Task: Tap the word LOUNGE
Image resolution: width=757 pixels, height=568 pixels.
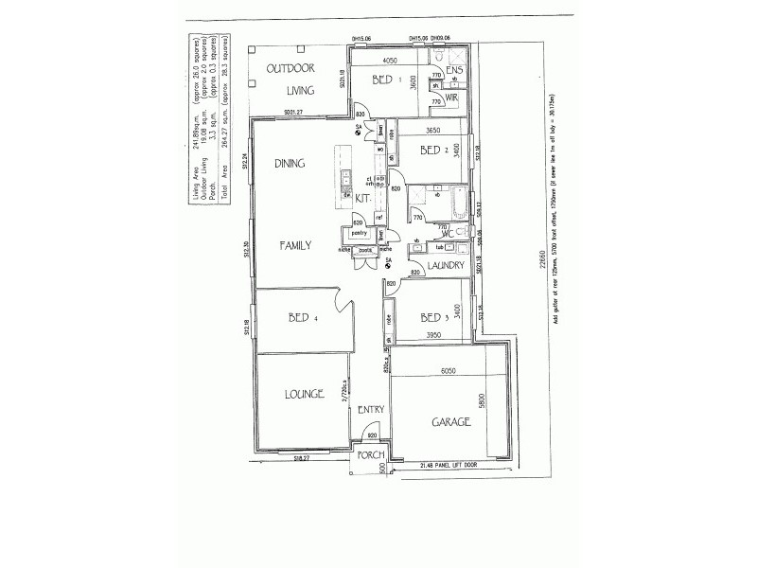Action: (302, 393)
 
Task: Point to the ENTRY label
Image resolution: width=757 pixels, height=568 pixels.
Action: (370, 410)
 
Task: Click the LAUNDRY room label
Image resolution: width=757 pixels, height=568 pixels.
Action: (445, 268)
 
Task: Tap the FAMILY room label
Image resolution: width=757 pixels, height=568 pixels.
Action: (294, 244)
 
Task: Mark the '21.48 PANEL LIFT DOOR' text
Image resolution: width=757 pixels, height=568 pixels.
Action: (449, 465)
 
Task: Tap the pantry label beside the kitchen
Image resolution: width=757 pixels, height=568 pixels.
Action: (358, 232)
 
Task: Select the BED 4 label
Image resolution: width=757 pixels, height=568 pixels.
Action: (302, 320)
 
